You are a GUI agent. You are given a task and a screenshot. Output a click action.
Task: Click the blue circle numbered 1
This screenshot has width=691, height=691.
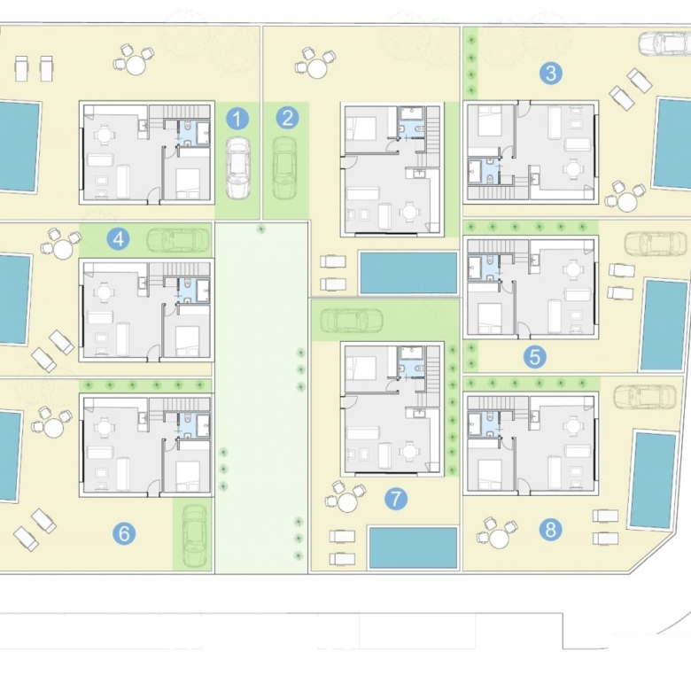click(237, 119)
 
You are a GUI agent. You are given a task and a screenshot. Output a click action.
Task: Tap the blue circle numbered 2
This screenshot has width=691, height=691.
click(287, 118)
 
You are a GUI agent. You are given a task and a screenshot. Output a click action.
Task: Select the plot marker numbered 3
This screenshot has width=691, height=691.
click(551, 74)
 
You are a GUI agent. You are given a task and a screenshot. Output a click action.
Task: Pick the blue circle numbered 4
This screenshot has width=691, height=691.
click(118, 239)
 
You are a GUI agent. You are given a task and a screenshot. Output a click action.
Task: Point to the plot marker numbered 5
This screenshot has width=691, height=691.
click(535, 356)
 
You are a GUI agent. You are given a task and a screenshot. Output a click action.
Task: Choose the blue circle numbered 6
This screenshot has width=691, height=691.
click(124, 533)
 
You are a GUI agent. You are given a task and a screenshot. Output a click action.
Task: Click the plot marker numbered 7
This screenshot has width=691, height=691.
click(395, 499)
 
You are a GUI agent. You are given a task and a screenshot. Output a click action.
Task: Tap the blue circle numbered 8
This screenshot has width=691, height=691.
click(551, 529)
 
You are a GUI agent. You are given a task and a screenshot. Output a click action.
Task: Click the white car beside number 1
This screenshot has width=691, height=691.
click(238, 168)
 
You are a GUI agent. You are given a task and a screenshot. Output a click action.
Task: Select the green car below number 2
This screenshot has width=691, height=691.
click(285, 168)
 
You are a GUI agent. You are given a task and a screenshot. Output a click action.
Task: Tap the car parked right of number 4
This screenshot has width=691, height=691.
click(178, 240)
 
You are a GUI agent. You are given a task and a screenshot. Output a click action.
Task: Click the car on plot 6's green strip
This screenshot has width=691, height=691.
click(194, 535)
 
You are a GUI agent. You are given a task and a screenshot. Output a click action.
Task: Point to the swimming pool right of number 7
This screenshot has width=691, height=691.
click(413, 547)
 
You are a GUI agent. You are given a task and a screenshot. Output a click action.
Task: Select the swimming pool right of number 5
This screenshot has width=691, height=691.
click(664, 324)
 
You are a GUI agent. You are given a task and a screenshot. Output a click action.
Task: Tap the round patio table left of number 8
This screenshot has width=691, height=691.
click(498, 538)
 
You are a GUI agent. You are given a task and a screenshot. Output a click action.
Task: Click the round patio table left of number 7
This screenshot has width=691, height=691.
click(346, 502)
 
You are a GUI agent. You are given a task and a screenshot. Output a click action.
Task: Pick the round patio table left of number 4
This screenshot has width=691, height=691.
click(63, 250)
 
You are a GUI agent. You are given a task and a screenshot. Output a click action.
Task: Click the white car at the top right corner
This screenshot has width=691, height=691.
click(664, 43)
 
